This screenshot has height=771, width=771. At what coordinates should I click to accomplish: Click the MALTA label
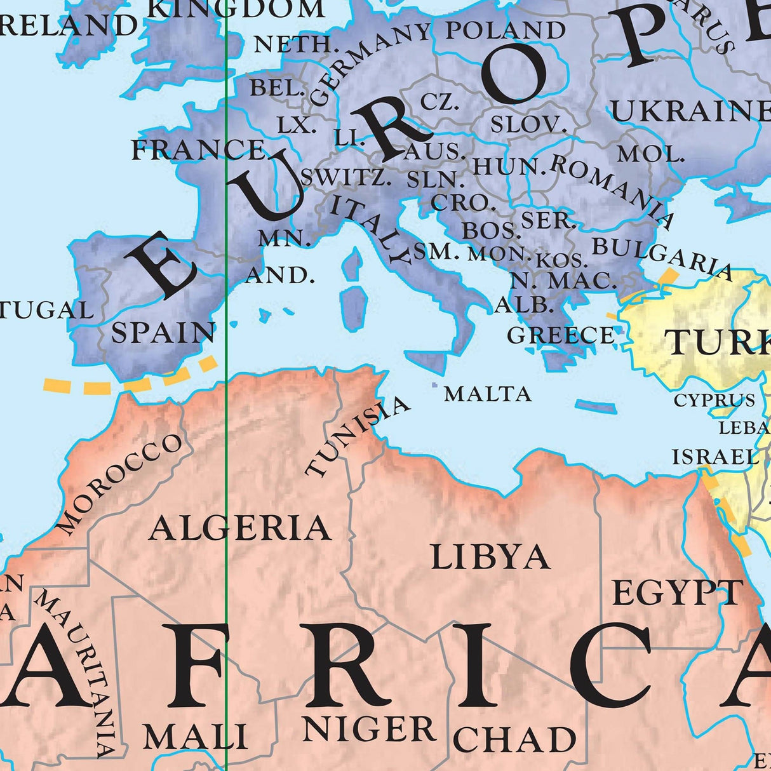pos(487,394)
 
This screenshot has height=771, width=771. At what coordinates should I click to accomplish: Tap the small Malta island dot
pos(434,385)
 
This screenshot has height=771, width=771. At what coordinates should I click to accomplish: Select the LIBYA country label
pos(490,558)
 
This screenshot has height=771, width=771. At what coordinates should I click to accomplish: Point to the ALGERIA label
pos(239,528)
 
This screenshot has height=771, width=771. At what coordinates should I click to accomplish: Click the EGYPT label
pos(677,593)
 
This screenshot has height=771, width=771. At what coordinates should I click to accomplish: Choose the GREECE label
pos(561,335)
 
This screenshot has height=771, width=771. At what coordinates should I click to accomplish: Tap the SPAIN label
pos(163,333)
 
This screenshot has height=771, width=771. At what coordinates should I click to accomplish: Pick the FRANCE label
pos(198,150)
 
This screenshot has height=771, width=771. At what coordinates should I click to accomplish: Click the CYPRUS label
pos(714,401)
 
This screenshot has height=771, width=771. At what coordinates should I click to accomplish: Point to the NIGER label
pos(368,728)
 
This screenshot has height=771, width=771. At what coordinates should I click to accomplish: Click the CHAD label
pos(514,740)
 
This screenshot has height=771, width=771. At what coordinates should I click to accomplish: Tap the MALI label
pos(195,737)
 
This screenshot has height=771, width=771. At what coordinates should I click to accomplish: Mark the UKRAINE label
pos(690,112)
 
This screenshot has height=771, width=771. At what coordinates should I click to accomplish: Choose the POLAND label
pos(505,30)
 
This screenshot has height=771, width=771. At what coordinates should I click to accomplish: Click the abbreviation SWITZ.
pos(345,177)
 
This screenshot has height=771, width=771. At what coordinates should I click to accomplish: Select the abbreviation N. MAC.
pos(563,280)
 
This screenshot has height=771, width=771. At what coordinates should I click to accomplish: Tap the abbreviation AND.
pos(280,275)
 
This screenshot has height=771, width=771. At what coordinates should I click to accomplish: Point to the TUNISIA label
pos(357,436)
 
